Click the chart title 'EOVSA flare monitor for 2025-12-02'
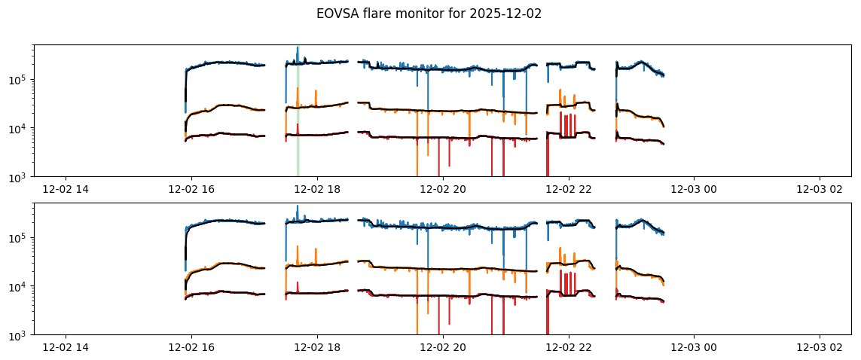click(x=429, y=14)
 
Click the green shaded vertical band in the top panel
click(x=298, y=113)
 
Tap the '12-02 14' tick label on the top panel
click(x=66, y=188)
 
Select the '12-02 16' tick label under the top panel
click(x=191, y=188)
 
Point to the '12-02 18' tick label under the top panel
click(x=317, y=188)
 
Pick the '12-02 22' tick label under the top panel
click(x=569, y=188)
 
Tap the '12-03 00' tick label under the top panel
click(x=695, y=188)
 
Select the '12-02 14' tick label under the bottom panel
click(x=66, y=346)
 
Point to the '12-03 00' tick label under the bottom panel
click(x=695, y=346)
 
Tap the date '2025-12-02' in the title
click(x=506, y=14)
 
